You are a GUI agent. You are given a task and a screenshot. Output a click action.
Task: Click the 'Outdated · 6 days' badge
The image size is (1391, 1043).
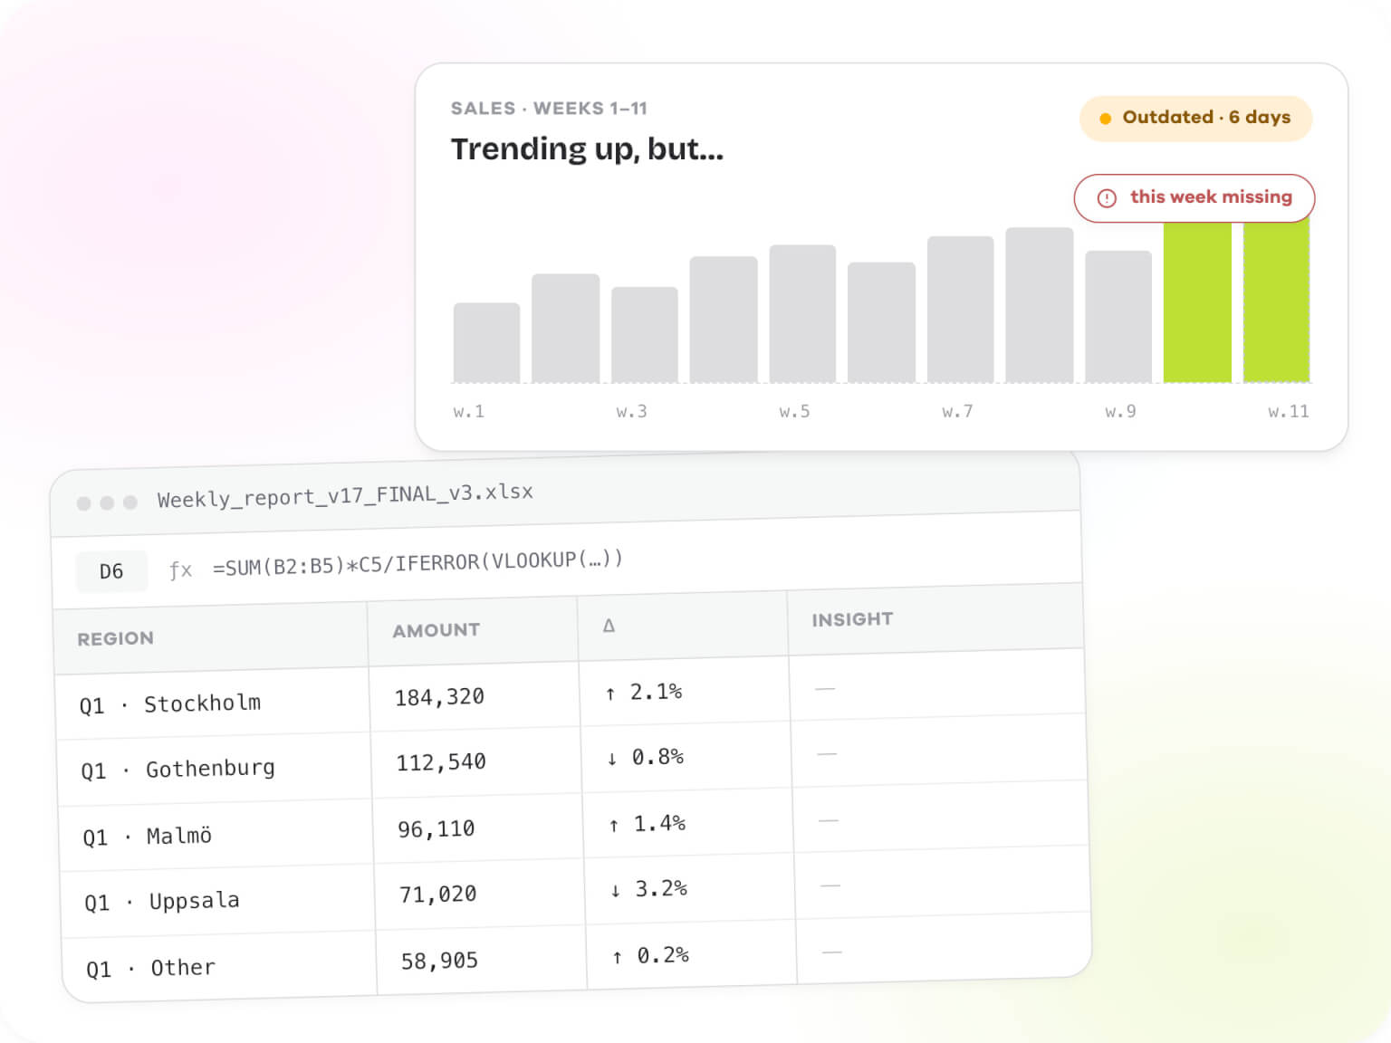1195,119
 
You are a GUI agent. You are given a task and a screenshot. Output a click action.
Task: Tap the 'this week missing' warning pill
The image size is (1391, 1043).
1194,198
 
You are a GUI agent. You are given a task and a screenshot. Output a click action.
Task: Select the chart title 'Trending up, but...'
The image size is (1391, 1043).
587,150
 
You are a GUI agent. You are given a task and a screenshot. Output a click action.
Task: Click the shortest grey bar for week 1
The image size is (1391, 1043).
486,342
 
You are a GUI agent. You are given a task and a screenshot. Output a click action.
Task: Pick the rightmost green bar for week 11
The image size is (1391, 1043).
1276,300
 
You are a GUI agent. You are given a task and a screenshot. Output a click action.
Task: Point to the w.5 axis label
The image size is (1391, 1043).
795,412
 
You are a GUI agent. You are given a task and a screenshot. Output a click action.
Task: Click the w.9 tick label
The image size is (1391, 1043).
1120,412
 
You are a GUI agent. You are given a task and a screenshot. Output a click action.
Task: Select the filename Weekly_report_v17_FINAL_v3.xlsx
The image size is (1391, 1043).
345,496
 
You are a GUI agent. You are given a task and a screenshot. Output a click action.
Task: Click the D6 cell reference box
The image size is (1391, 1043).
111,571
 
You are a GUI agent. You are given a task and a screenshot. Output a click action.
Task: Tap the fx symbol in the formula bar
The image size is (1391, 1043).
180,570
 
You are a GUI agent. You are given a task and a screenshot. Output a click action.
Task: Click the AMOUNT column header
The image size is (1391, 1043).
436,630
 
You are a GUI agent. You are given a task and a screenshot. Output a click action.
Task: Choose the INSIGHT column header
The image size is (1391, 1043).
852,618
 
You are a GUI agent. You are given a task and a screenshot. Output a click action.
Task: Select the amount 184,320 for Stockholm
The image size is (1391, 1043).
439,697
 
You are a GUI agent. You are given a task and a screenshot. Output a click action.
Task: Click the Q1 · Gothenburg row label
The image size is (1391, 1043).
177,770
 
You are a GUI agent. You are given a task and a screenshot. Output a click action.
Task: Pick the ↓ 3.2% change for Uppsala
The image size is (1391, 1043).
648,889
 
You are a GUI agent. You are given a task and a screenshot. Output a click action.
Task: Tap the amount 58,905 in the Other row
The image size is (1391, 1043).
439,961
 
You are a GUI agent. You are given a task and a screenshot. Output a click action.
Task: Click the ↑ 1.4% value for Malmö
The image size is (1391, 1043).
647,824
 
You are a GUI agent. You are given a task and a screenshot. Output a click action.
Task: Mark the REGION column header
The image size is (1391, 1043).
115,638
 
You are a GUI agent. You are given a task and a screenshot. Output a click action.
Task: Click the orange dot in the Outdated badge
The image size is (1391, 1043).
1105,119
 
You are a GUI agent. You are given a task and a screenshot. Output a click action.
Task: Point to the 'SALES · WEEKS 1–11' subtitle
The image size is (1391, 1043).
549,109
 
